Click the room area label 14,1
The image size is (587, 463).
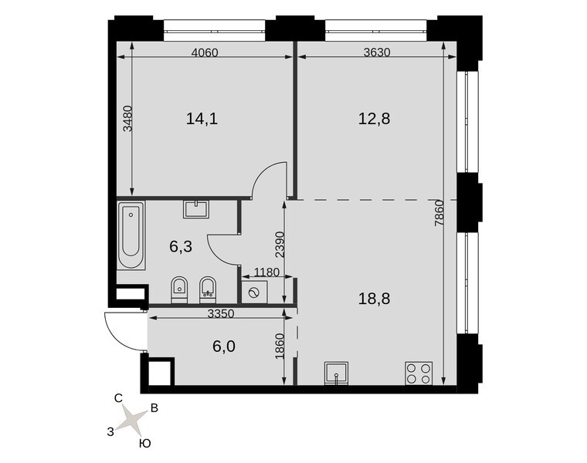tap(202, 119)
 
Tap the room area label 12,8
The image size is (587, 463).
tap(374, 119)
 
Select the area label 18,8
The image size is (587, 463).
tap(374, 299)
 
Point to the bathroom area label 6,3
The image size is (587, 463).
tap(181, 246)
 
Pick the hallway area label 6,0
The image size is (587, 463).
tap(224, 346)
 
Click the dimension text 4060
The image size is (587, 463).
tap(205, 52)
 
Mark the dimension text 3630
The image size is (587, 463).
tap(377, 52)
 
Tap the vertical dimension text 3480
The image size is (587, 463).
tap(128, 118)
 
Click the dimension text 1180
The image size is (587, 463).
tap(267, 272)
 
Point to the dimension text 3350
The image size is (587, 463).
tap(221, 314)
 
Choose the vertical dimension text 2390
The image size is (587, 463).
tap(280, 245)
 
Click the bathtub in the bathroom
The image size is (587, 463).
tap(131, 235)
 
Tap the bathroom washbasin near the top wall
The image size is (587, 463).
tap(196, 209)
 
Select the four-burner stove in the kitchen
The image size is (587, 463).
tap(419, 373)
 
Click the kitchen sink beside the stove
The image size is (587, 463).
tap(337, 373)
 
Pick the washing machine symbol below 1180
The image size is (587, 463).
tap(254, 292)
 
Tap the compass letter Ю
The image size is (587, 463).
tap(145, 444)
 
